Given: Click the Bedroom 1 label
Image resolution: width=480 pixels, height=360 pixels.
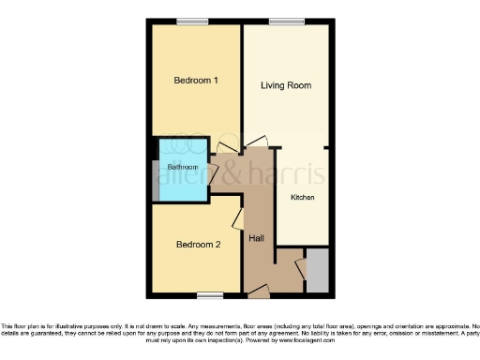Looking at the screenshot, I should tap(196, 81).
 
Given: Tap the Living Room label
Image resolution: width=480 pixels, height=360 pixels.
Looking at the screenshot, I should tap(285, 85).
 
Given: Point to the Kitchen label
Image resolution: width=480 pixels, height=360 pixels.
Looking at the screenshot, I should tap(302, 198).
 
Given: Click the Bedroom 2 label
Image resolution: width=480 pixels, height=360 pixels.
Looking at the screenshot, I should tap(198, 245).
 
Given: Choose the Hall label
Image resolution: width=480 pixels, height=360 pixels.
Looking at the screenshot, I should tap(256, 238).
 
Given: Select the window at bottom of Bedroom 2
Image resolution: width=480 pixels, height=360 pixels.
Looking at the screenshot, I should tap(210, 295).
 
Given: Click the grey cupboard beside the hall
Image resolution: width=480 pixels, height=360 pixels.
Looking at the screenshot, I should tap(317, 270).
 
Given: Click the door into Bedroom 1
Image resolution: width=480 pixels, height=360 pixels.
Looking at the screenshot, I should tap(225, 145).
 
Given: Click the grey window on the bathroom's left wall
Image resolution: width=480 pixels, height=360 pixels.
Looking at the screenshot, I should tap(155, 174).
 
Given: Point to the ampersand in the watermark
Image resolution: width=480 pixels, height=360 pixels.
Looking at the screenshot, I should tap(232, 172).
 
